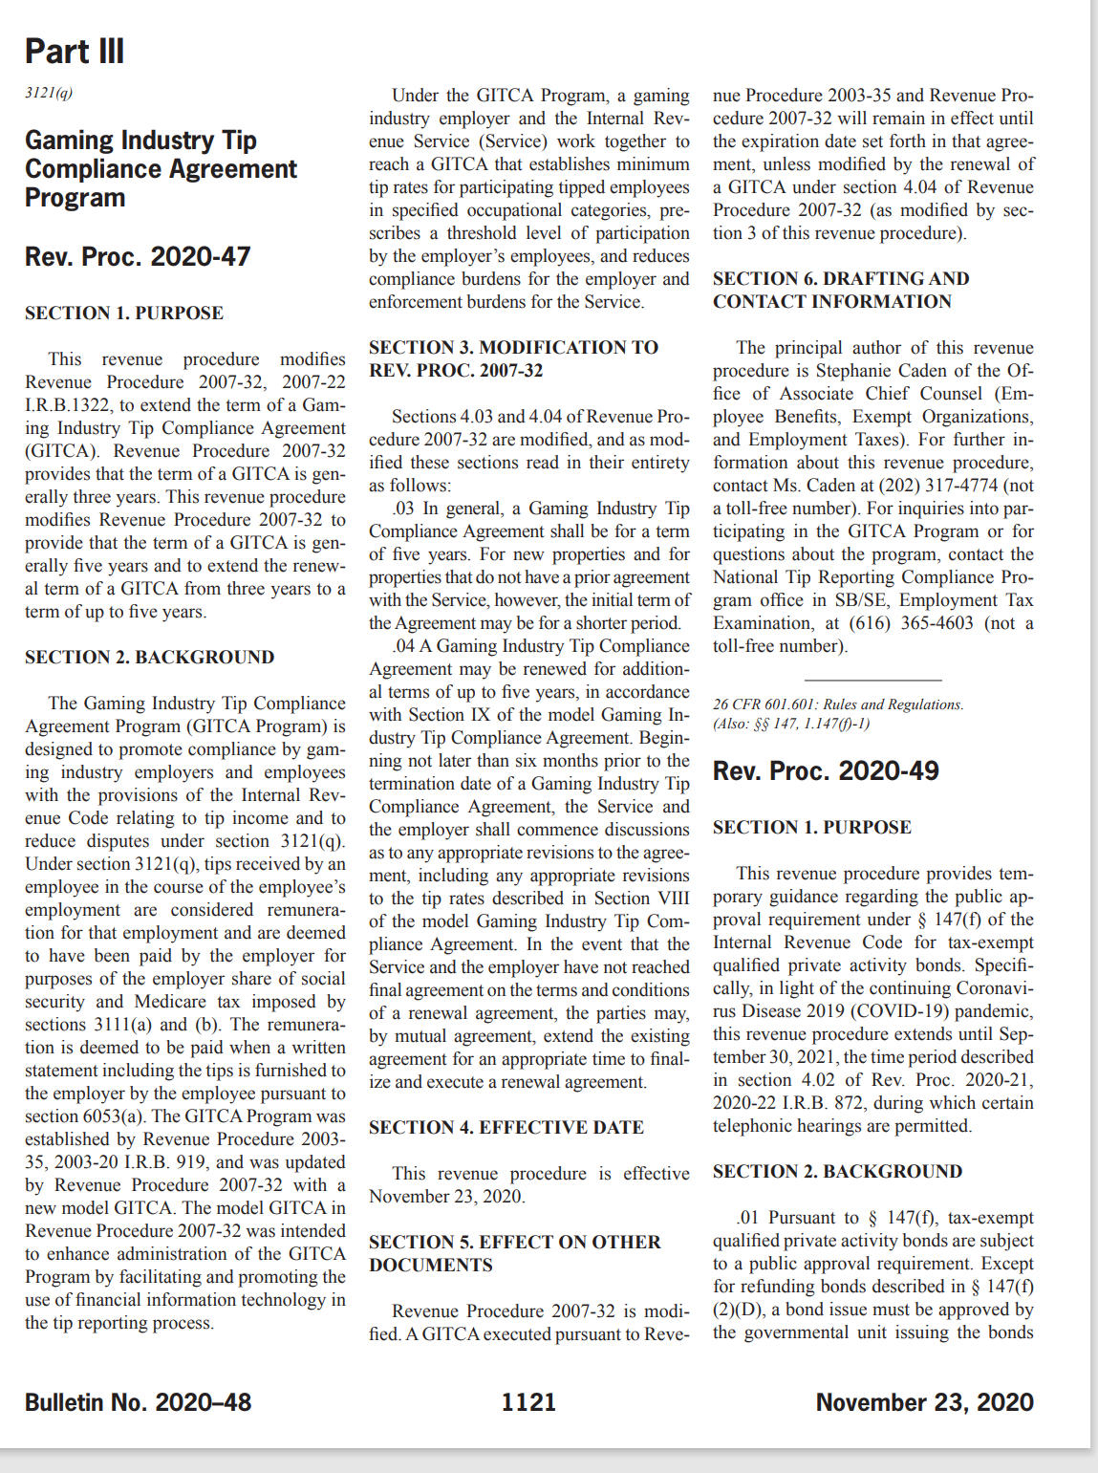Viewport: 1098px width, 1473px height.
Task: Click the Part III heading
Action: click(x=75, y=52)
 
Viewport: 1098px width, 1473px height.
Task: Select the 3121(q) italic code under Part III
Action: click(x=49, y=93)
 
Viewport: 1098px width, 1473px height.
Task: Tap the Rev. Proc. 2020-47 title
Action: click(x=138, y=257)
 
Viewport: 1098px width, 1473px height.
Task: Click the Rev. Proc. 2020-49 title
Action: click(x=826, y=771)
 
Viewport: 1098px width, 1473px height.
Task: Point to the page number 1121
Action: click(x=528, y=1402)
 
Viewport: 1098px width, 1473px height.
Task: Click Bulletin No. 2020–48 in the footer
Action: click(x=138, y=1402)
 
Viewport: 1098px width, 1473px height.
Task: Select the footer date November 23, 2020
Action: click(x=924, y=1402)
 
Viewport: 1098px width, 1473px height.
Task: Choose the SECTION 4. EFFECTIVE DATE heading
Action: click(x=506, y=1128)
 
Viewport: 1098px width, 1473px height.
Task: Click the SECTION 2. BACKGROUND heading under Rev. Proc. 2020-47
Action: click(x=150, y=658)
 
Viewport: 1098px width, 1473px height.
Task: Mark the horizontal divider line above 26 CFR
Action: click(x=872, y=680)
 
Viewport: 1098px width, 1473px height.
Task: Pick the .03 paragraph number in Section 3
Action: click(x=403, y=509)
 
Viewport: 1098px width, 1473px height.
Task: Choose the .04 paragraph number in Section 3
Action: click(x=403, y=646)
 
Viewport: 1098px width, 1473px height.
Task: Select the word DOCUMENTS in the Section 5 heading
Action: click(x=431, y=1266)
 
